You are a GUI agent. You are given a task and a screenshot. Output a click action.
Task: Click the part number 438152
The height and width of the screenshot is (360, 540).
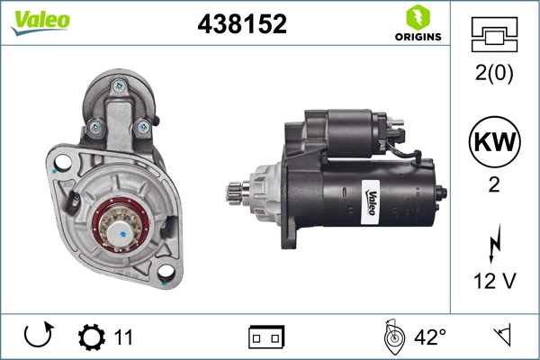coord(242,25)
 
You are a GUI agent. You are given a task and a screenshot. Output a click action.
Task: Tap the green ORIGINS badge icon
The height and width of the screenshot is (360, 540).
coord(416,17)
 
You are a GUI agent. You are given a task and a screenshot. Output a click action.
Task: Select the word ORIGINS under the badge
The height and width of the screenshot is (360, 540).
coord(416,37)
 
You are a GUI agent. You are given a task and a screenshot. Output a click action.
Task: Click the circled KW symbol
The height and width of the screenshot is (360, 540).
coord(495,143)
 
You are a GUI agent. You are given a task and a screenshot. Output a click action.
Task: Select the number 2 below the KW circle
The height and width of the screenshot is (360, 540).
coord(495,186)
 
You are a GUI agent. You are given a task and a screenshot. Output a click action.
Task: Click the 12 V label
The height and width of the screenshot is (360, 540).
coord(495,282)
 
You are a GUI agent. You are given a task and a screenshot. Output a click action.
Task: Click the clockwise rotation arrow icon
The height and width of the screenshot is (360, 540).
coord(37,337)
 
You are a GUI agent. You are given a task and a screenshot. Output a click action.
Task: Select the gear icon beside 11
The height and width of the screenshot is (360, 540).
coord(92,337)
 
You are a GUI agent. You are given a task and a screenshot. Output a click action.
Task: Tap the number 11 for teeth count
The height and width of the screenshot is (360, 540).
coord(123,337)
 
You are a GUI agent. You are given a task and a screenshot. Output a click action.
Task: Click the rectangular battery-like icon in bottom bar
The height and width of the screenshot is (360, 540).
coord(266,337)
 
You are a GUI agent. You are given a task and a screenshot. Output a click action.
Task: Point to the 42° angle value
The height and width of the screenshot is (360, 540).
coord(429,337)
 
